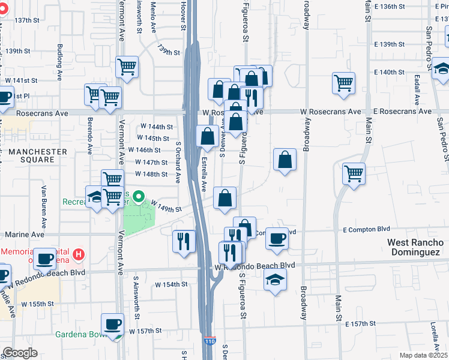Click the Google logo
point(20,353)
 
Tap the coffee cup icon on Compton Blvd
point(277,238)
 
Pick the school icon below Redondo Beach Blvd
point(275,279)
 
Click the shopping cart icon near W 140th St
point(343,83)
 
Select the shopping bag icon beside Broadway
point(285,160)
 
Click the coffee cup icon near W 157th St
point(112,325)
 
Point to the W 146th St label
point(148,150)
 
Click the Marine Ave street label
point(21,235)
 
